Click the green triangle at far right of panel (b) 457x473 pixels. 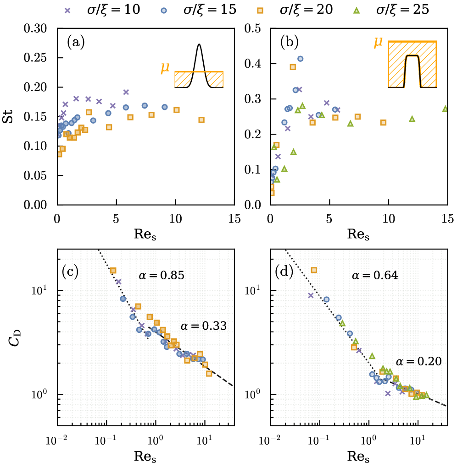point(445,109)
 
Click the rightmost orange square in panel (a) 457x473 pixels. point(201,120)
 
